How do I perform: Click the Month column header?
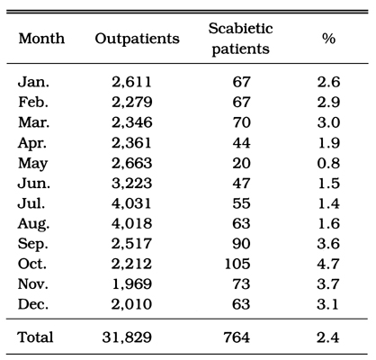point(41,39)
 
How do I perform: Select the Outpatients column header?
point(138,40)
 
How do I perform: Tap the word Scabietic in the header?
point(241,29)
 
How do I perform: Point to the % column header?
point(328,39)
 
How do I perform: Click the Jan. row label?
point(33,82)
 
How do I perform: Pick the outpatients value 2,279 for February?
point(132,103)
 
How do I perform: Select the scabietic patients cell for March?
point(241,122)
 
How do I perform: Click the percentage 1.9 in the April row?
point(329,142)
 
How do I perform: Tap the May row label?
point(33,164)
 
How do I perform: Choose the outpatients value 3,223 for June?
point(132,184)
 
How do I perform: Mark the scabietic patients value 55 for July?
point(241,203)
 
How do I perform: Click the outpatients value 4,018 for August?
point(132,224)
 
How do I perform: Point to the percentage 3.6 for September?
point(328,244)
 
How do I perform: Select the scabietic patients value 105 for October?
point(237,264)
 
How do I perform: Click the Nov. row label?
point(33,284)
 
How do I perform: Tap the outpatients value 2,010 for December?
point(131,304)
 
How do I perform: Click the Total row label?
point(36,337)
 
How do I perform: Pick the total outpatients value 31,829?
point(127,337)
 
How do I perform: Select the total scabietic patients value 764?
point(237,337)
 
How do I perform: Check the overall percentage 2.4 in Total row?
point(328,337)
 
